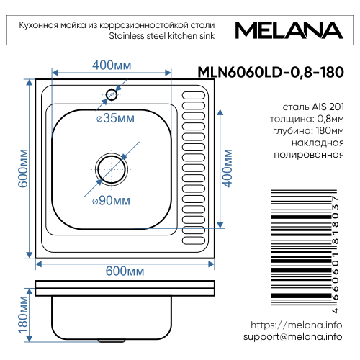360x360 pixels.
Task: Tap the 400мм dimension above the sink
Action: pos(112,66)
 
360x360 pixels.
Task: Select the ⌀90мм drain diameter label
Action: pos(111,199)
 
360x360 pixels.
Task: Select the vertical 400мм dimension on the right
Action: pos(230,168)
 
